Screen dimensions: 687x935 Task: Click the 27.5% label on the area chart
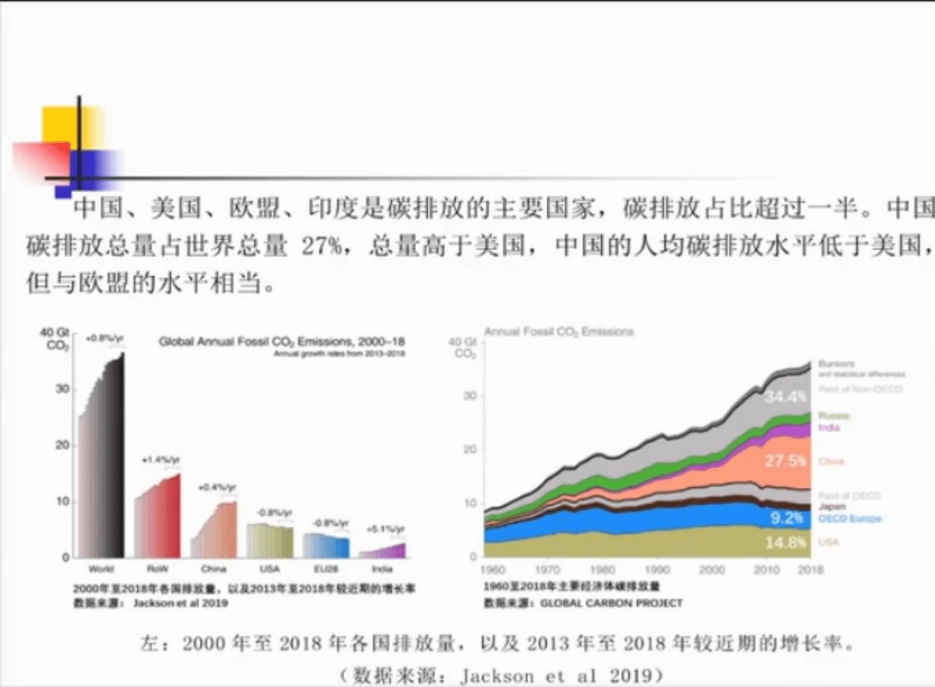(785, 461)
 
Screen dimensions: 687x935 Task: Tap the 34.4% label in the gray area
(785, 396)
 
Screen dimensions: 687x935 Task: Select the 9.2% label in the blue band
(786, 518)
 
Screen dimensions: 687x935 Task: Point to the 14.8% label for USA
(786, 543)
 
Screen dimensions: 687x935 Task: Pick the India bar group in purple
(382, 550)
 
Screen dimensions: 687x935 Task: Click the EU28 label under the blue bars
(325, 569)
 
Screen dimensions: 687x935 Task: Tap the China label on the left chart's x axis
(214, 569)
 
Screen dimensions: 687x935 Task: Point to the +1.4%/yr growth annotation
(160, 459)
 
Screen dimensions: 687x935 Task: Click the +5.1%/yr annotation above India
(385, 529)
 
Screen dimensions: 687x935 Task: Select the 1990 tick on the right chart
(657, 570)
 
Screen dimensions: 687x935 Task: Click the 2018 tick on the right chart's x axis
(811, 570)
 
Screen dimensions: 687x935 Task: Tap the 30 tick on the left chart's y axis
(62, 389)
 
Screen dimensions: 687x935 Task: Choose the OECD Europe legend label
(849, 519)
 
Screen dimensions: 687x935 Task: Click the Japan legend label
(831, 507)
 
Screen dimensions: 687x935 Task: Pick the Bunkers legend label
(836, 364)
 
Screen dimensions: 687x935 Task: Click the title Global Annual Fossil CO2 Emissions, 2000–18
(282, 342)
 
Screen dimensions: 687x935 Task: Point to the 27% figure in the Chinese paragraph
(322, 246)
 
